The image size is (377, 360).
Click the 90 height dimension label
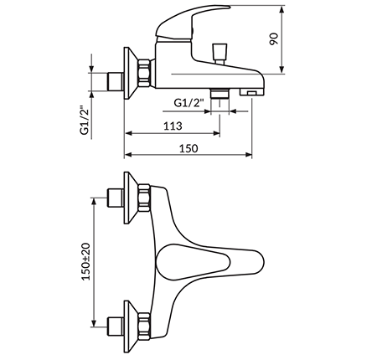pyautogui.click(x=274, y=39)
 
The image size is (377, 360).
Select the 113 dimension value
pyautogui.click(x=173, y=126)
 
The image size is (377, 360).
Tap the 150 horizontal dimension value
pyautogui.click(x=188, y=148)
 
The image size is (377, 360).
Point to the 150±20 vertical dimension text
pyautogui.click(x=86, y=261)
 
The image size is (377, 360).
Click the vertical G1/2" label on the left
pyautogui.click(x=85, y=120)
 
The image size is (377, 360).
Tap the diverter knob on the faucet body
pyautogui.click(x=219, y=53)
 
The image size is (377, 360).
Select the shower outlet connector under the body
pyautogui.click(x=219, y=93)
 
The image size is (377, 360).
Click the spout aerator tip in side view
pyautogui.click(x=252, y=92)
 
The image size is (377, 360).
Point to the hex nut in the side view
pyautogui.click(x=145, y=73)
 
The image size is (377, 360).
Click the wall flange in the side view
pyautogui.click(x=131, y=73)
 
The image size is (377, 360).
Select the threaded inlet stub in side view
pyautogui.click(x=116, y=82)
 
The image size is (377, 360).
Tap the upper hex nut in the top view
pyautogui.click(x=144, y=198)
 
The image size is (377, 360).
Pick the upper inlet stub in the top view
pyautogui.click(x=116, y=198)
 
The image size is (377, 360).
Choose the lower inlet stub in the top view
pyautogui.click(x=116, y=327)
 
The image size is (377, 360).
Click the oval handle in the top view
pyautogui.click(x=193, y=262)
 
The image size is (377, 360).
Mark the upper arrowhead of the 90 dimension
pyautogui.click(x=282, y=10)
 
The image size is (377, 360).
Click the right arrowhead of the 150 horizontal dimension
pyautogui.click(x=248, y=155)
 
